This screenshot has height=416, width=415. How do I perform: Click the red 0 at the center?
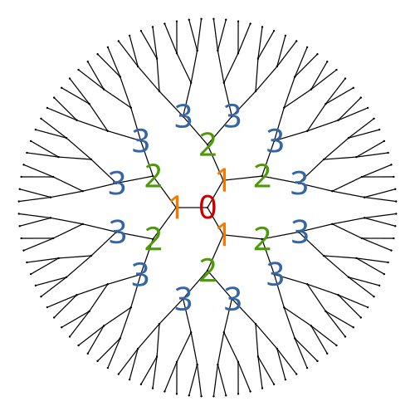[207, 207]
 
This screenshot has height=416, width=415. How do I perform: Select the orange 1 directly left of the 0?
[176, 207]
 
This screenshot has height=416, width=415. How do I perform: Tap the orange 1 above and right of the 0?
[222, 180]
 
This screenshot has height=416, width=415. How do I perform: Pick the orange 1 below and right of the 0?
[222, 234]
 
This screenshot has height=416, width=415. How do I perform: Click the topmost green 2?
[207, 144]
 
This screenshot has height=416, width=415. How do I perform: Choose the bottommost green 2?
[207, 270]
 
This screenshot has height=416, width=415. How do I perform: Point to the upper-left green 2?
[153, 176]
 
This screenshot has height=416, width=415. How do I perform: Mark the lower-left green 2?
[153, 238]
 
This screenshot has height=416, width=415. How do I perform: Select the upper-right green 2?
[261, 176]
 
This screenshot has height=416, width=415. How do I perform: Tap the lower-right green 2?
[261, 238]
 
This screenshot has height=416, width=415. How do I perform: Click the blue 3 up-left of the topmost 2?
[183, 115]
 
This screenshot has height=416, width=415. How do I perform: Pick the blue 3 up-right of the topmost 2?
[232, 115]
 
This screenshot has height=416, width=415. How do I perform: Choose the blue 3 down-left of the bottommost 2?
[183, 299]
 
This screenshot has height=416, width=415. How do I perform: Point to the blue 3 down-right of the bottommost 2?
[232, 299]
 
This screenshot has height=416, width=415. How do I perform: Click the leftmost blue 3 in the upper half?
[117, 183]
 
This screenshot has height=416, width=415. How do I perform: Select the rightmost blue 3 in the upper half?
[299, 183]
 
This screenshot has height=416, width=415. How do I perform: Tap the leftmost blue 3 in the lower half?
[117, 232]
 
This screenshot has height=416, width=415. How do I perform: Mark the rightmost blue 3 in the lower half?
[300, 232]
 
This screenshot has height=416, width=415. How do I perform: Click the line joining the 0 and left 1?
[192, 208]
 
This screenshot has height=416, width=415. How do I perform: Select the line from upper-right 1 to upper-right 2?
[242, 179]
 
